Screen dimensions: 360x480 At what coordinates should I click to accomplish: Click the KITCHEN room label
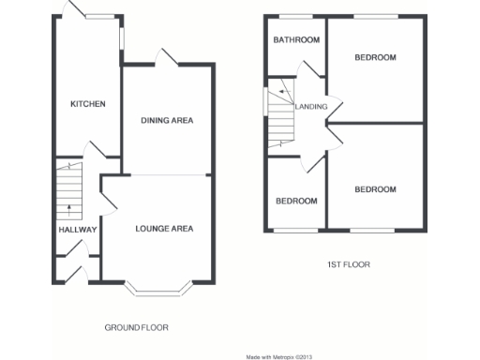[x=88, y=104]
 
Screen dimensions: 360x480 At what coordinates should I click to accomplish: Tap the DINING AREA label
[x=167, y=120]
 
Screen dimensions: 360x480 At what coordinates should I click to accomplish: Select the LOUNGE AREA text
[x=164, y=229]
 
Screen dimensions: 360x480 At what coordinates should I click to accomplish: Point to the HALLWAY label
[x=70, y=229]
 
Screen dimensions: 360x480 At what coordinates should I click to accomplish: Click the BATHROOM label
[x=296, y=39]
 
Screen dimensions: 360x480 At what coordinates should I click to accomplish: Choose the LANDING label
[x=311, y=107]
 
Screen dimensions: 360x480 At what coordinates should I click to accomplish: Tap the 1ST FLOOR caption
[x=348, y=265]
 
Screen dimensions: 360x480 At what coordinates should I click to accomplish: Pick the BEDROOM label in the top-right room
[x=375, y=57]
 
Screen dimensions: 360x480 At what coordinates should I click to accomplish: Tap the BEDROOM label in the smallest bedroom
[x=295, y=201]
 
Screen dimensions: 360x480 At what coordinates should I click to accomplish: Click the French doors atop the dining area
[x=167, y=58]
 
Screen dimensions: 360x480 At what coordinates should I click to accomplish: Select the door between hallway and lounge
[x=108, y=199]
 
